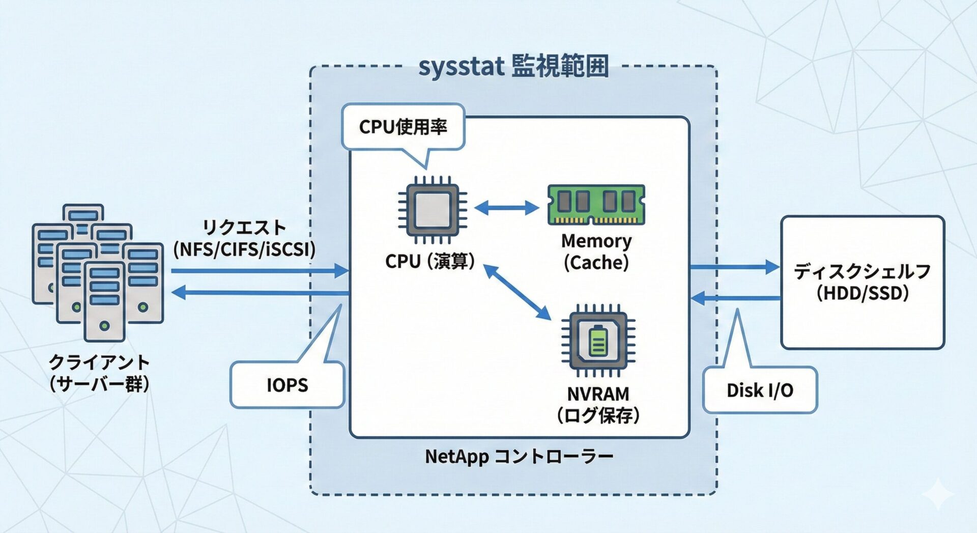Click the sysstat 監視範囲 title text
513,67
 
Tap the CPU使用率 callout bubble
403,127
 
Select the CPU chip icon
432,210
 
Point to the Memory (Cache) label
596,251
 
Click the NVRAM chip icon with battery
598,340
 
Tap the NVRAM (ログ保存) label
598,405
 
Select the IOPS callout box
288,385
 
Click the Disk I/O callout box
760,390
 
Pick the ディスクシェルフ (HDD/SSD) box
863,282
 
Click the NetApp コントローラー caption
519,457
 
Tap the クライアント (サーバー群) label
99,373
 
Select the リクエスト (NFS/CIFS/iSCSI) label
244,238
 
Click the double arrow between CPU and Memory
506,208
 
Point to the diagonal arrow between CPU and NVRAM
517,292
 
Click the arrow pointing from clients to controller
260,270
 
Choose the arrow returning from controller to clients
260,293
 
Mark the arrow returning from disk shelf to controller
735,298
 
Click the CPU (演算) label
430,261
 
